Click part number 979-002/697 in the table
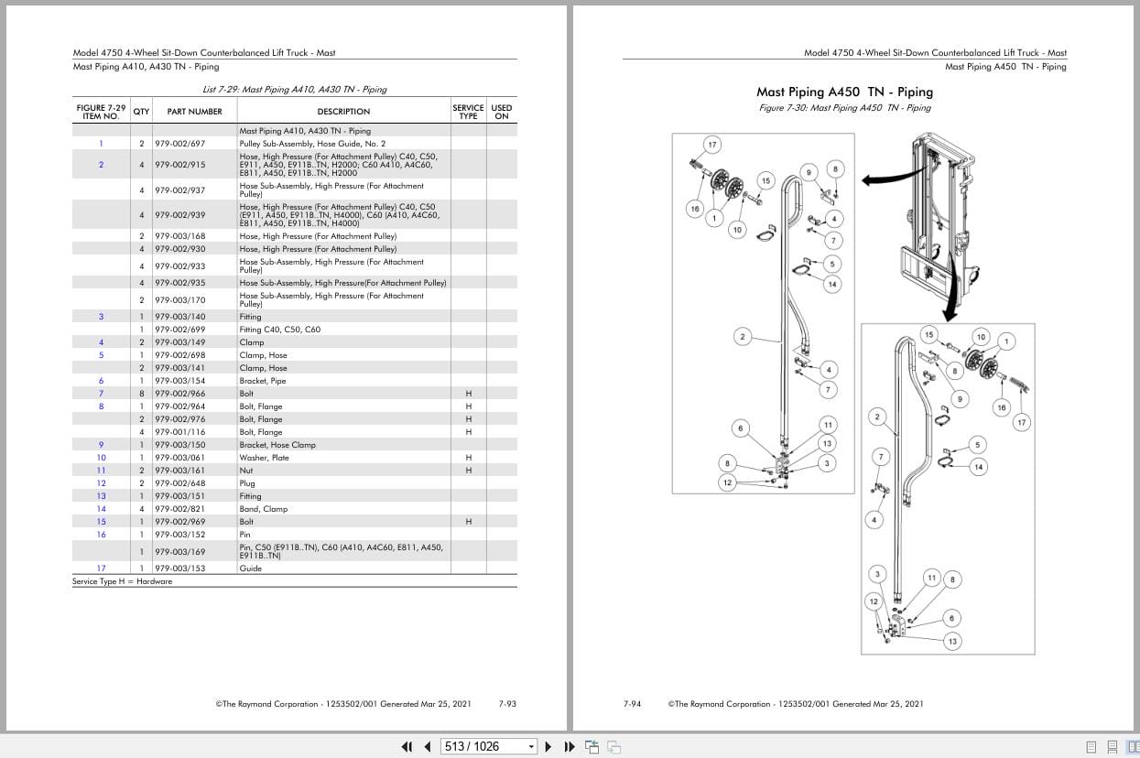[179, 144]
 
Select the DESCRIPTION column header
[343, 112]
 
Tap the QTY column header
[141, 112]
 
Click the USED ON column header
[501, 112]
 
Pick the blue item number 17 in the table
[101, 568]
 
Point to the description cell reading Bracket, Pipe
[263, 381]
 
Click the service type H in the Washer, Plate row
[468, 458]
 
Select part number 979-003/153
[179, 568]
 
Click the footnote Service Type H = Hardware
[122, 581]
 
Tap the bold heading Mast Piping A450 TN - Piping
[844, 92]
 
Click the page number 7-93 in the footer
[507, 704]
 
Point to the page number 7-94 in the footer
[632, 704]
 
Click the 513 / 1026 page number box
[487, 746]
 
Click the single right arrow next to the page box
[548, 746]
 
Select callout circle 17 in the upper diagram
[712, 145]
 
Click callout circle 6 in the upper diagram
[740, 428]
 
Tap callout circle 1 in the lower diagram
[1006, 341]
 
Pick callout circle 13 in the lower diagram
[952, 641]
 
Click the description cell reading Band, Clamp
[264, 509]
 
